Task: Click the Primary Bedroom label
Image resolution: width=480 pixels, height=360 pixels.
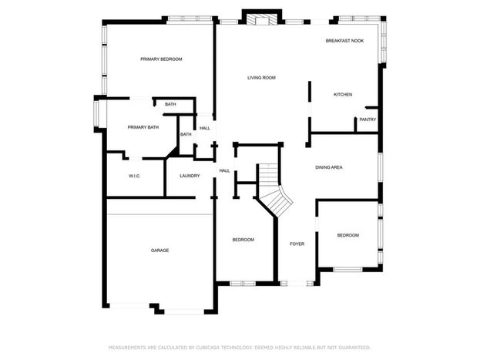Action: [x=161, y=59]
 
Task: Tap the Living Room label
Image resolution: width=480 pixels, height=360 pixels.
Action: [x=261, y=78]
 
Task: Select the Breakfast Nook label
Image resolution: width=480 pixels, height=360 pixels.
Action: [x=344, y=41]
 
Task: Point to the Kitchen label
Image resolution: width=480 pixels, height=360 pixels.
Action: [x=343, y=95]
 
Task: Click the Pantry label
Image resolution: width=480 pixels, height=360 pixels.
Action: [x=368, y=119]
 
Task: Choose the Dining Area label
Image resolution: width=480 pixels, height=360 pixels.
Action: [x=329, y=167]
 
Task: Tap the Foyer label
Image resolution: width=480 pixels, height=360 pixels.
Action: [x=297, y=244]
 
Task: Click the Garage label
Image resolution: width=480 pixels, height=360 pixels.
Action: [x=159, y=251]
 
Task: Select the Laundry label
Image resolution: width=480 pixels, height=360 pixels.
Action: [x=190, y=176]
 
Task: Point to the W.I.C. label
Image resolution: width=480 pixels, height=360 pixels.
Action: [x=134, y=176]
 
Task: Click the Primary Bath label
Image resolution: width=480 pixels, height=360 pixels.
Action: [x=143, y=127]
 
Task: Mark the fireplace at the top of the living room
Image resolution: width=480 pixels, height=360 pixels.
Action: [x=262, y=19]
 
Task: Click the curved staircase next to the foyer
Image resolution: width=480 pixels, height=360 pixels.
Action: [x=274, y=190]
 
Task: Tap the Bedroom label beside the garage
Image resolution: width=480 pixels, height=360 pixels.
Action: [x=243, y=240]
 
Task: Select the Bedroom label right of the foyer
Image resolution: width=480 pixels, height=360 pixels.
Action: [x=348, y=235]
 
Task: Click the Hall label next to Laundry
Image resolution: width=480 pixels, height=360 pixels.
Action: [x=224, y=170]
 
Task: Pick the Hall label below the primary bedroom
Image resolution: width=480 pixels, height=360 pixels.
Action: [x=205, y=128]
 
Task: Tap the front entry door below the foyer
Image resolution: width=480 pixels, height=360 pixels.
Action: [x=297, y=284]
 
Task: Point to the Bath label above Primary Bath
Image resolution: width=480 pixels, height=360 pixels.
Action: [x=170, y=104]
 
